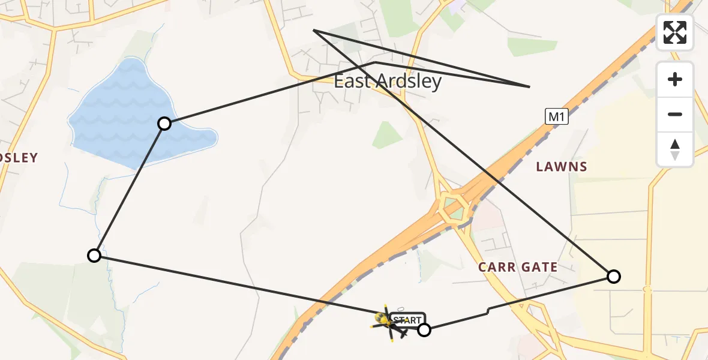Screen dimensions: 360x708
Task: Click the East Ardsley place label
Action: tap(388, 82)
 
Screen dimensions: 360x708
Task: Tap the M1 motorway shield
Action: tap(556, 118)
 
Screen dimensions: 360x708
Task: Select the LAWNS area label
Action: tap(562, 167)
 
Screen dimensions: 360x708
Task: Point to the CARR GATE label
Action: tap(518, 267)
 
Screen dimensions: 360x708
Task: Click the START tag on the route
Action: tap(407, 320)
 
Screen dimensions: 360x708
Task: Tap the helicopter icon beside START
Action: tap(387, 323)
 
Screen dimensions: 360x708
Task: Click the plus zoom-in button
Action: tap(675, 79)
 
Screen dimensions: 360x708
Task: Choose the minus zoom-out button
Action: tap(675, 114)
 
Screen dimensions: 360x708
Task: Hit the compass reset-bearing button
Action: tap(675, 149)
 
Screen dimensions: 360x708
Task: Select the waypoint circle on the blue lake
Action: tap(164, 124)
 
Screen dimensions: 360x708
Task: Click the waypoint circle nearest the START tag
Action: tap(424, 329)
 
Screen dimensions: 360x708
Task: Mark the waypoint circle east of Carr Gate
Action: tap(613, 277)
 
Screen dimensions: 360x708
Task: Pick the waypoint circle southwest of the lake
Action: tap(94, 256)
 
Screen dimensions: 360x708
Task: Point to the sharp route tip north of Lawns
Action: tap(529, 87)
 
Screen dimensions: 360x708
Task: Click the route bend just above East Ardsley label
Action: tap(375, 62)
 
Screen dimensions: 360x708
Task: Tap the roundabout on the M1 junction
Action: tap(454, 208)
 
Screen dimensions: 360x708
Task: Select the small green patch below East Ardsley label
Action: tap(387, 135)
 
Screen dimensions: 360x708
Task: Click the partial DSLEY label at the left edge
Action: tap(19, 158)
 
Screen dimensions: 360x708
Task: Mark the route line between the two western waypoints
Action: tap(129, 190)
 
